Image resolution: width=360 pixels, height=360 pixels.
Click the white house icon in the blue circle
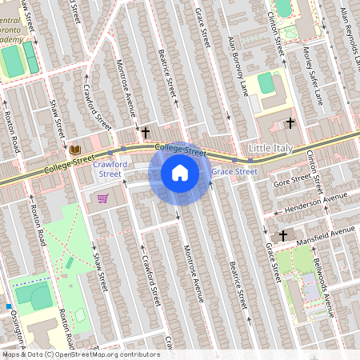point(180,173)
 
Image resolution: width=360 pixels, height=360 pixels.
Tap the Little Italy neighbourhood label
point(271,150)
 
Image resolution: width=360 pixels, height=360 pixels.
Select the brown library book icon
point(76,150)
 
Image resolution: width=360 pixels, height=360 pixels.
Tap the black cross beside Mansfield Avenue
point(282,235)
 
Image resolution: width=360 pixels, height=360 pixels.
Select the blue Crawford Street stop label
point(108,168)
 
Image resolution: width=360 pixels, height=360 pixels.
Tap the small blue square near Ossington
point(9,306)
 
